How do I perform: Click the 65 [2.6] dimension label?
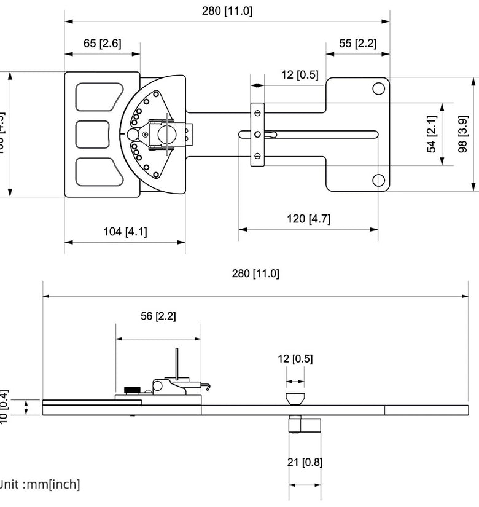102,43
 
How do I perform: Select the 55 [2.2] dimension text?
357,43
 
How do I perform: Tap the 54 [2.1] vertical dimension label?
432,134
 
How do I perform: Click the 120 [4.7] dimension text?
308,219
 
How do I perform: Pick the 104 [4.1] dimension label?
125,231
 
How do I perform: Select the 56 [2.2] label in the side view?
158,316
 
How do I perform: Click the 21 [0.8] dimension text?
305,462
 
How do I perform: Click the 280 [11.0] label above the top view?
227,10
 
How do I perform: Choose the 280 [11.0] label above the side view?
255,273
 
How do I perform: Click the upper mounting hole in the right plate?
378,88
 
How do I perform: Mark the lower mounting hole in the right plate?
378,180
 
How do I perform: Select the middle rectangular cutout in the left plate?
92,134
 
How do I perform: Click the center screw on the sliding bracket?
258,134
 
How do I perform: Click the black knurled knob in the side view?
132,389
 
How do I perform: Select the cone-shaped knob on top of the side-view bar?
295,398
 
